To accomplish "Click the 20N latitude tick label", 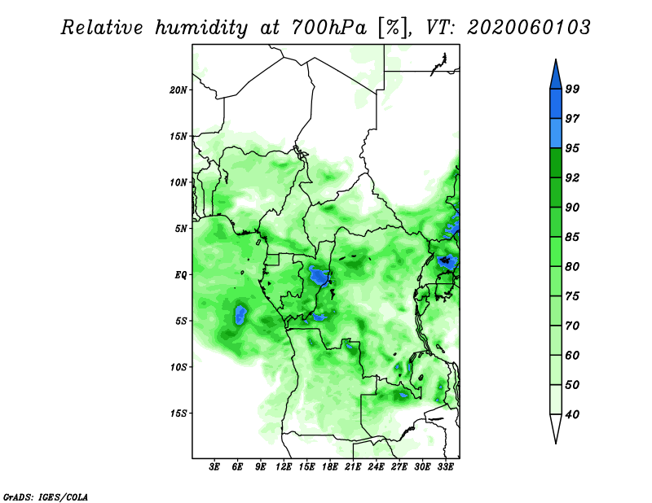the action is coord(178,90).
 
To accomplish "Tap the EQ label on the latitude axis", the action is coord(181,274).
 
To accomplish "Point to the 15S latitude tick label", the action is coord(178,413).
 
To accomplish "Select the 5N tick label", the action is coord(181,229).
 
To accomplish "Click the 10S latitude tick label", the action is coord(178,367).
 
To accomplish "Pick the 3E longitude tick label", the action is coord(214,467).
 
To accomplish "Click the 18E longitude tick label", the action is coord(330,467).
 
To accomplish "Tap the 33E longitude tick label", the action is coord(445,467).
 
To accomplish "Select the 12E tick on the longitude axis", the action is coord(284,467).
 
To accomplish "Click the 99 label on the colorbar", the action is coord(572,89).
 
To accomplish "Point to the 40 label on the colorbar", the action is coord(572,414).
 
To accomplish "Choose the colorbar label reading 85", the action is coord(572,237).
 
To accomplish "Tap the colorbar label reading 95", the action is coord(572,148).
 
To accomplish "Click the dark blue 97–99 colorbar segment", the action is coord(556,104).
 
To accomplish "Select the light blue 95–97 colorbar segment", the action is coord(556,133).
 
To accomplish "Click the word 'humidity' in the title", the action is coord(201,28).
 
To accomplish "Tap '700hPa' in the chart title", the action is coord(329,28).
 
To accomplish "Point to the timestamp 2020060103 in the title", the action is coord(528,28).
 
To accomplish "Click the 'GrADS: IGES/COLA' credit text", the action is coord(46,496).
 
